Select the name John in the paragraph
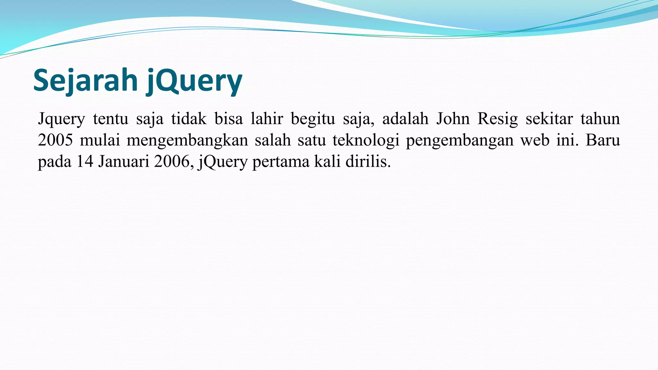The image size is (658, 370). click(452, 119)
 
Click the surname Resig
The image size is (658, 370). click(498, 119)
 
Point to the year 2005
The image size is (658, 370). click(55, 140)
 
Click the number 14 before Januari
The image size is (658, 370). click(85, 161)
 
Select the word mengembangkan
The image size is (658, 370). click(187, 140)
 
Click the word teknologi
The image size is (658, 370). click(366, 140)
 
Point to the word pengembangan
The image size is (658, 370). click(460, 140)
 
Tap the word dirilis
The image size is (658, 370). click(368, 161)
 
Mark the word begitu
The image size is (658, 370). click(313, 119)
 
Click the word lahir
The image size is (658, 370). click(267, 119)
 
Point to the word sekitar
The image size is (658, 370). click(549, 119)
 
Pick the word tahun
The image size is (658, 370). click(600, 119)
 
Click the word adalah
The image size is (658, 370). click(405, 119)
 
